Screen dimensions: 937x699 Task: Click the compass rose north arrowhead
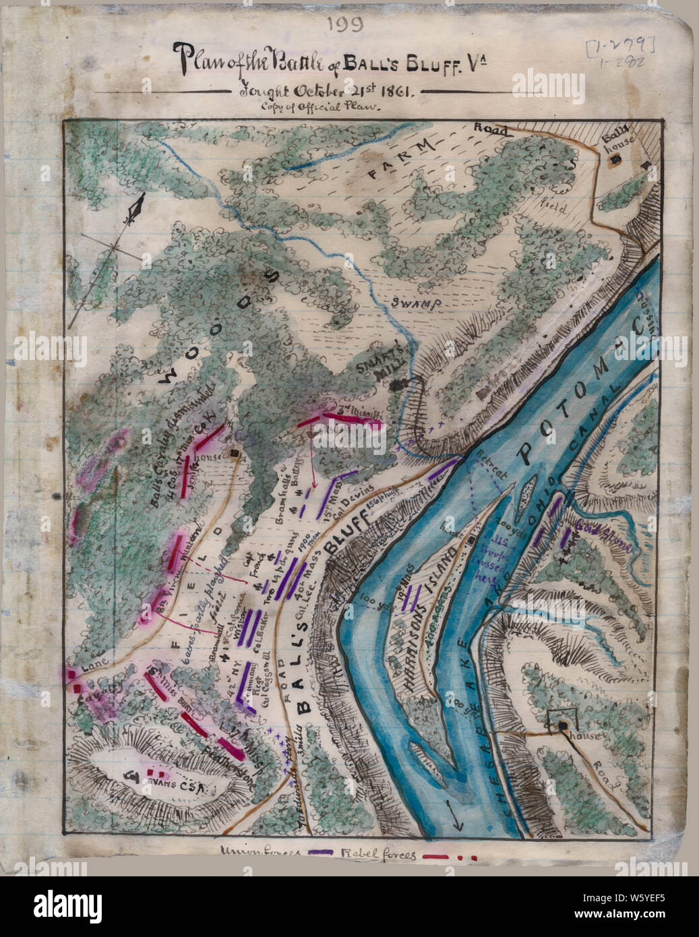140,206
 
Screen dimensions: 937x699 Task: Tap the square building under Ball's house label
616,160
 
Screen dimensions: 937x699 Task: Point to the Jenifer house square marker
235,453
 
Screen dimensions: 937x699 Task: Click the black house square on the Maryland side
561,725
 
